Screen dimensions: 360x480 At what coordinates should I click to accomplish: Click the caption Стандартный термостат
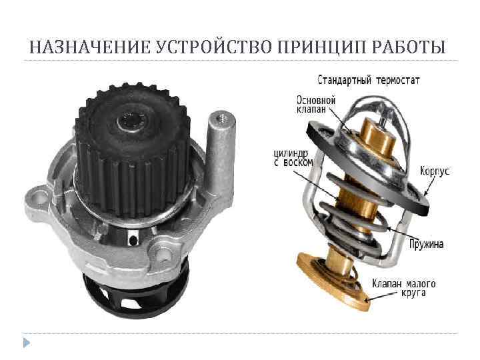(368, 81)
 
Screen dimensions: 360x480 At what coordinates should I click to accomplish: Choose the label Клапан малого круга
(404, 287)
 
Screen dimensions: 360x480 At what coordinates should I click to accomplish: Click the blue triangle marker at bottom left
(26, 343)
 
